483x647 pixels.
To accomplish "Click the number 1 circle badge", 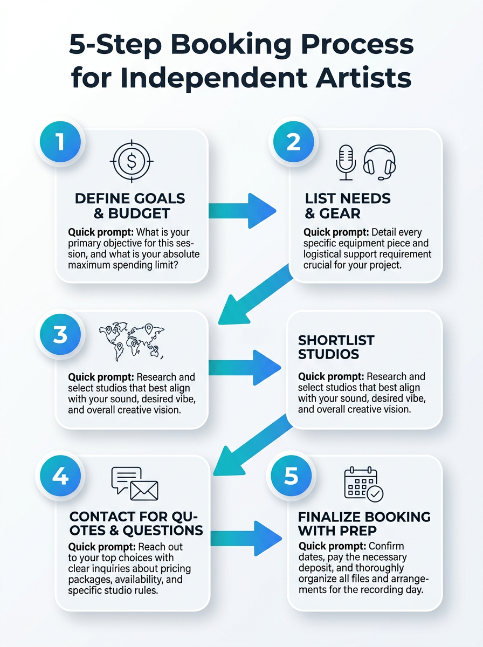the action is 60,142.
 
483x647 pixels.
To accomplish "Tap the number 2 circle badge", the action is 293,142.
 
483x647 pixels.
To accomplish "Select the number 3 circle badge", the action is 60,334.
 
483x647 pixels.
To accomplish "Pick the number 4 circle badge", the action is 60,476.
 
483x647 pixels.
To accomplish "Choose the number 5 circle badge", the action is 291,476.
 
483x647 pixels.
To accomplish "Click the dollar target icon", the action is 132,161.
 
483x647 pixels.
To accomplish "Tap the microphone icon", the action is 346,162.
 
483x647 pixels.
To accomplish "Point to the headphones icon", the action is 379,162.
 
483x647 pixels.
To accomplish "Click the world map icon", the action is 132,342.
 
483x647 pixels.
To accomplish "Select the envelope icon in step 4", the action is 144,491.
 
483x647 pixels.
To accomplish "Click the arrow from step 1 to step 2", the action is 242,211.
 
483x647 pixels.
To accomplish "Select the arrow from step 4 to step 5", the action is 246,539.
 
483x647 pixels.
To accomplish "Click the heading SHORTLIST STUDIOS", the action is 336,347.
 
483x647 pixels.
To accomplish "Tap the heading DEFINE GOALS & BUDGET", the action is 130,206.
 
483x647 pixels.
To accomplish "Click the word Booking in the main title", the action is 231,45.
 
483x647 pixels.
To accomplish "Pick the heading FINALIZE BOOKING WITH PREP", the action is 364,524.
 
